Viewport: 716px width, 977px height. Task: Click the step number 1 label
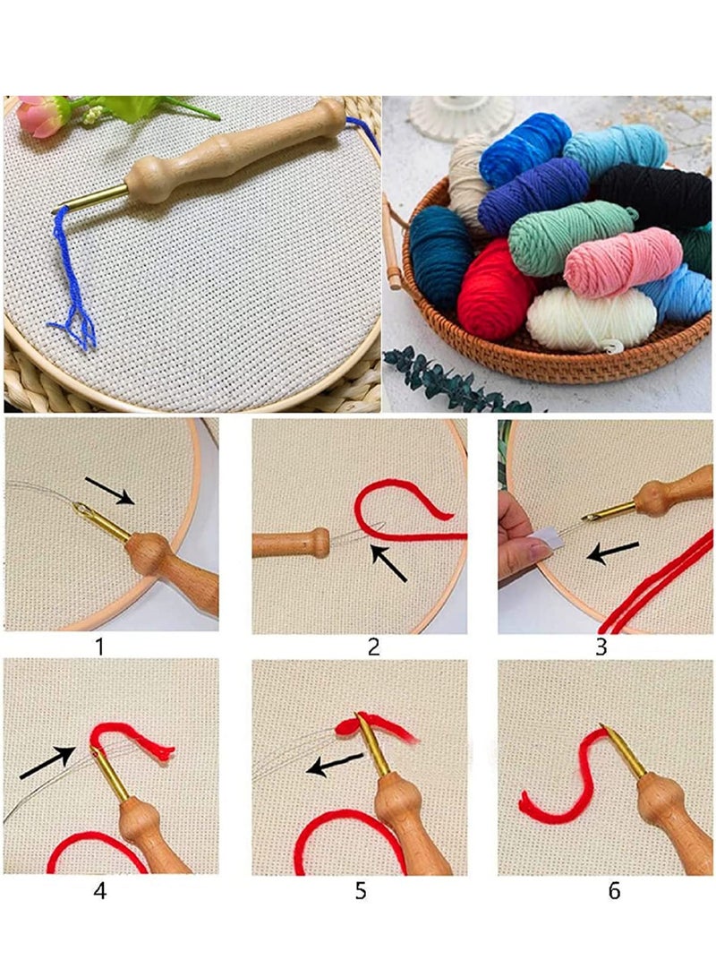[x=99, y=645]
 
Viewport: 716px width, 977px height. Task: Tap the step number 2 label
[x=373, y=645]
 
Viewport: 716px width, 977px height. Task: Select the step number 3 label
[x=601, y=645]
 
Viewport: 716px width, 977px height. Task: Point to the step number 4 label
[x=99, y=891]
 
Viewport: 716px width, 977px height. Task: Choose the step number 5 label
[x=361, y=891]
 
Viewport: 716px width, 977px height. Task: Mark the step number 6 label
[x=613, y=891]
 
